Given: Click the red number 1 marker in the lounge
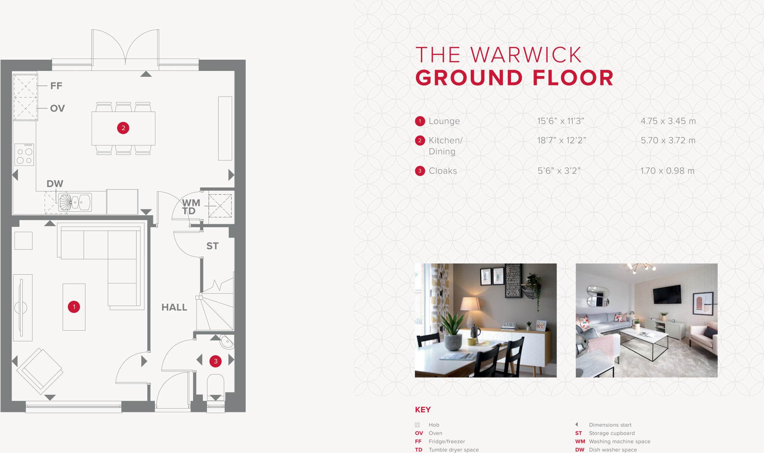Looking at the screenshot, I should (74, 307).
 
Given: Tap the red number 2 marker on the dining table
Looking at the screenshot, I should (123, 128).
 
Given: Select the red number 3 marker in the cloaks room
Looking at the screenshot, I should (216, 361).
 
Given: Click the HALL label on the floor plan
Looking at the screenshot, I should (174, 307).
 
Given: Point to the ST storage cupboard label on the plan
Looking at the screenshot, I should (212, 246).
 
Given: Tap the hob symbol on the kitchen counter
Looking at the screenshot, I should (25, 154).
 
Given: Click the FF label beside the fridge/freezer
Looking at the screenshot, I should (56, 86).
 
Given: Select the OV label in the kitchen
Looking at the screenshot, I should (57, 109).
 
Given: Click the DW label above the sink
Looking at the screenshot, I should (55, 184).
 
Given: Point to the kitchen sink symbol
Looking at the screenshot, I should (76, 203).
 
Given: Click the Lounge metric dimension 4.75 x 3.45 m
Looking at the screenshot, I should (668, 121).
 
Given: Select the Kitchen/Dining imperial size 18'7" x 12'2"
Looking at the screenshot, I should (561, 141).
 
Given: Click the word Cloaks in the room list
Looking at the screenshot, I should (443, 171).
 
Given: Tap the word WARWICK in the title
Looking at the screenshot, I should (526, 55).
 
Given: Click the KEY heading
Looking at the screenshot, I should (423, 410).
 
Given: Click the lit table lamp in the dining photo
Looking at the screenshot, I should (470, 304).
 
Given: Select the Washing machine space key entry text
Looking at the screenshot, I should (619, 441).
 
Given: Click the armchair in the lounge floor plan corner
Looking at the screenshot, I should (40, 371).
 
